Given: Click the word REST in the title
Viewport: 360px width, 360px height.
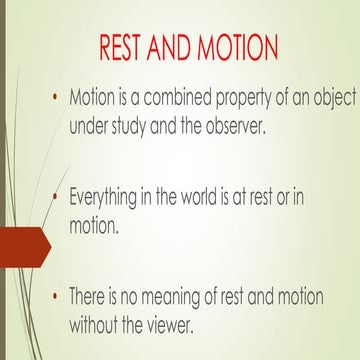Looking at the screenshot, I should (126, 49).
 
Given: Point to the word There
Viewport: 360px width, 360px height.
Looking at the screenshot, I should (89, 296).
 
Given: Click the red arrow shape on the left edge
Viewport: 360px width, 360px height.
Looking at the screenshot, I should (22, 246).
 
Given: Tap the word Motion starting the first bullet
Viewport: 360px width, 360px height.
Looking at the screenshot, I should (93, 100).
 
